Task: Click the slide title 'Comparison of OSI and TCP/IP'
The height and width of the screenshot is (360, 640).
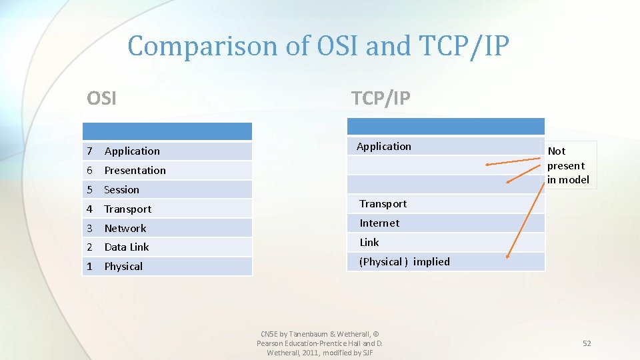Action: pyautogui.click(x=319, y=47)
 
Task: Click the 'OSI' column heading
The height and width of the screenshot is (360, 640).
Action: pyautogui.click(x=101, y=99)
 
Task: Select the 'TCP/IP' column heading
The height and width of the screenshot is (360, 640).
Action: pyautogui.click(x=381, y=99)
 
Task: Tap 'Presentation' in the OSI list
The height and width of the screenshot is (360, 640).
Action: pyautogui.click(x=135, y=171)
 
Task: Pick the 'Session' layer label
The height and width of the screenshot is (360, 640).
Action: pyautogui.click(x=121, y=190)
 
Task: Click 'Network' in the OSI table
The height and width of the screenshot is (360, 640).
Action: pyautogui.click(x=125, y=228)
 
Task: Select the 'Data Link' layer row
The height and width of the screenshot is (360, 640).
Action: pyautogui.click(x=126, y=247)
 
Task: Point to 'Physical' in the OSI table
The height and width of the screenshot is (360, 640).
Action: pyautogui.click(x=123, y=267)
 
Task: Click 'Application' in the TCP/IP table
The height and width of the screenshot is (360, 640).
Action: pyautogui.click(x=383, y=147)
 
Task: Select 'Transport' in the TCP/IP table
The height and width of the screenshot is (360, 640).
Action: pyautogui.click(x=383, y=204)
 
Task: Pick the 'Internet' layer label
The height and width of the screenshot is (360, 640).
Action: pyautogui.click(x=379, y=223)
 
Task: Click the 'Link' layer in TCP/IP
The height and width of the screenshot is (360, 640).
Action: pyautogui.click(x=369, y=243)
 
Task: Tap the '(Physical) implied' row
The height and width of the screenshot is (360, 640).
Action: pyautogui.click(x=404, y=262)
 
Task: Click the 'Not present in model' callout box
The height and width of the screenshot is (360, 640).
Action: pyautogui.click(x=568, y=165)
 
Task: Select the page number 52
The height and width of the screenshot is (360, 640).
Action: pyautogui.click(x=587, y=343)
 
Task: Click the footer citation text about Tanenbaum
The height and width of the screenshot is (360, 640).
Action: pyautogui.click(x=319, y=343)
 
